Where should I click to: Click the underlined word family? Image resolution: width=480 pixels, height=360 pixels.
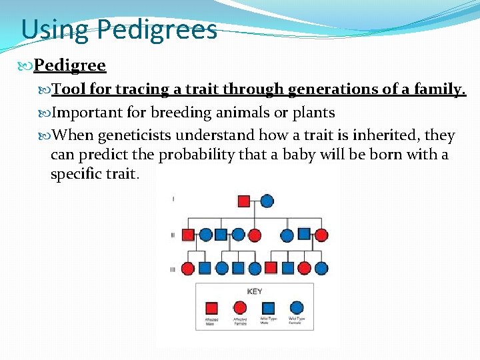tap(436, 89)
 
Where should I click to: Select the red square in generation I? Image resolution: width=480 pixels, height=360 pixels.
tap(244, 201)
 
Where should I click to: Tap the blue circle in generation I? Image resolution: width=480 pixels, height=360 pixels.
tap(267, 201)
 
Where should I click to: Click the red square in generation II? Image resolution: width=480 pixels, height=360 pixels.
tap(188, 235)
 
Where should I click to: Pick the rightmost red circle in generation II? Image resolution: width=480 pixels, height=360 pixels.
tap(321, 235)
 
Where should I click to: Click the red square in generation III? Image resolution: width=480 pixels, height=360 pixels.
tap(271, 268)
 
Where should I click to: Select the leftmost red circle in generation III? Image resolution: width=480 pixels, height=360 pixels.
tap(188, 269)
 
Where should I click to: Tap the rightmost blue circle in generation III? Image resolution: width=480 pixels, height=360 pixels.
tap(321, 269)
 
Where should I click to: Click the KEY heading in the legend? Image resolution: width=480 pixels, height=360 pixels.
tap(254, 291)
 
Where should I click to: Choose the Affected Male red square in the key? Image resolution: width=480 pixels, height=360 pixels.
tap(211, 308)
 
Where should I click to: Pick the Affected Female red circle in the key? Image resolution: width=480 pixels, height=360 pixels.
tap(240, 308)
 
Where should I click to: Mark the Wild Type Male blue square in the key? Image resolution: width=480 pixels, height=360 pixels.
tap(268, 308)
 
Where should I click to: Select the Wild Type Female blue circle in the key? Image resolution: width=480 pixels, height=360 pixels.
tap(297, 308)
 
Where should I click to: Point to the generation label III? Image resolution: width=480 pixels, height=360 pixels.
tap(173, 269)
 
